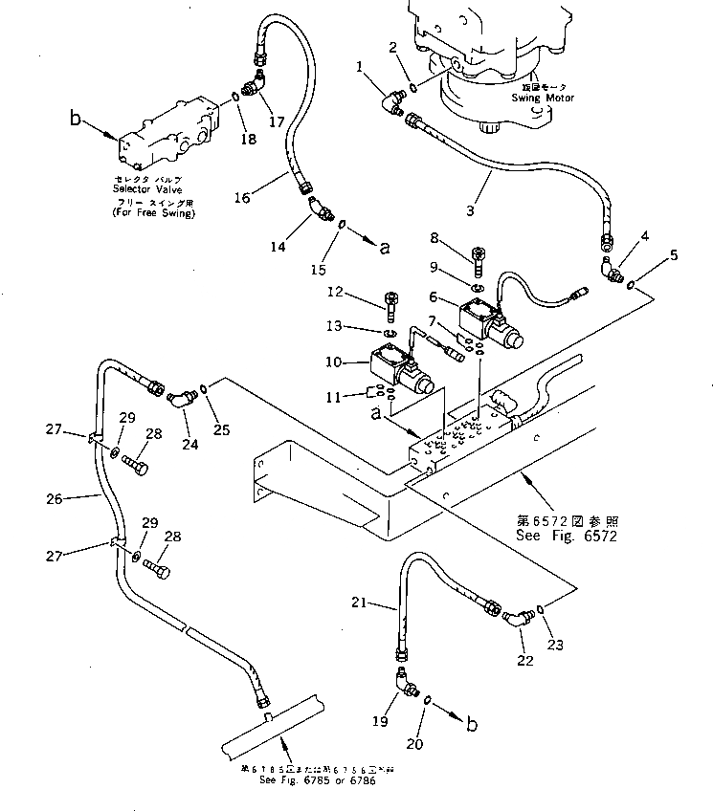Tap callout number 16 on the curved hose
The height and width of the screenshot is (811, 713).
(x=243, y=197)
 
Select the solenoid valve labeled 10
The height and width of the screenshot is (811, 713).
(x=397, y=375)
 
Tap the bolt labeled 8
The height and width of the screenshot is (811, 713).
(x=479, y=258)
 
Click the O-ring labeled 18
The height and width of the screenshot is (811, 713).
(x=235, y=97)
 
